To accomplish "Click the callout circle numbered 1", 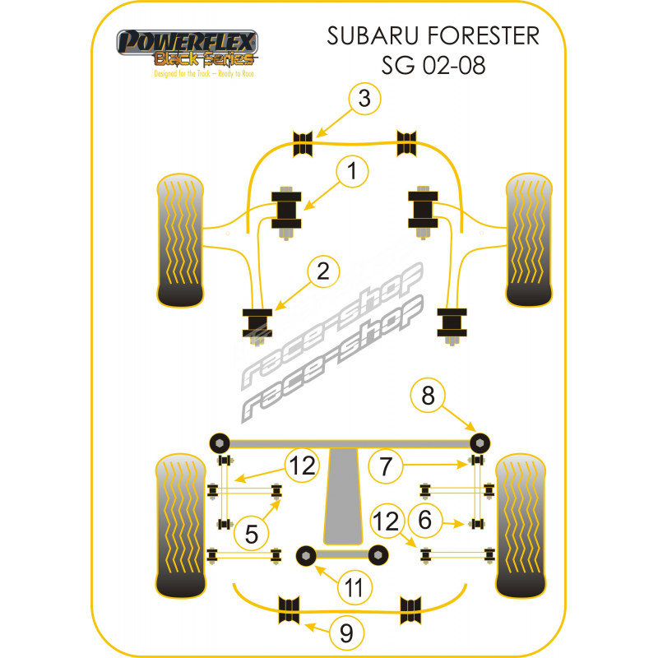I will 351,173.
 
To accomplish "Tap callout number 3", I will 364,99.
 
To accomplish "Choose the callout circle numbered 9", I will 345,633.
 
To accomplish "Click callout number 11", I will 354,587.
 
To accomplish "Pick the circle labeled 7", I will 384,466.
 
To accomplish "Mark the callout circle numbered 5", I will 251,535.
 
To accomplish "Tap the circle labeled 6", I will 425,520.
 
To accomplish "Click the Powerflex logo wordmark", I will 188,42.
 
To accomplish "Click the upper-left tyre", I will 181,239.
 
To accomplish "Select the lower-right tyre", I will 520,526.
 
